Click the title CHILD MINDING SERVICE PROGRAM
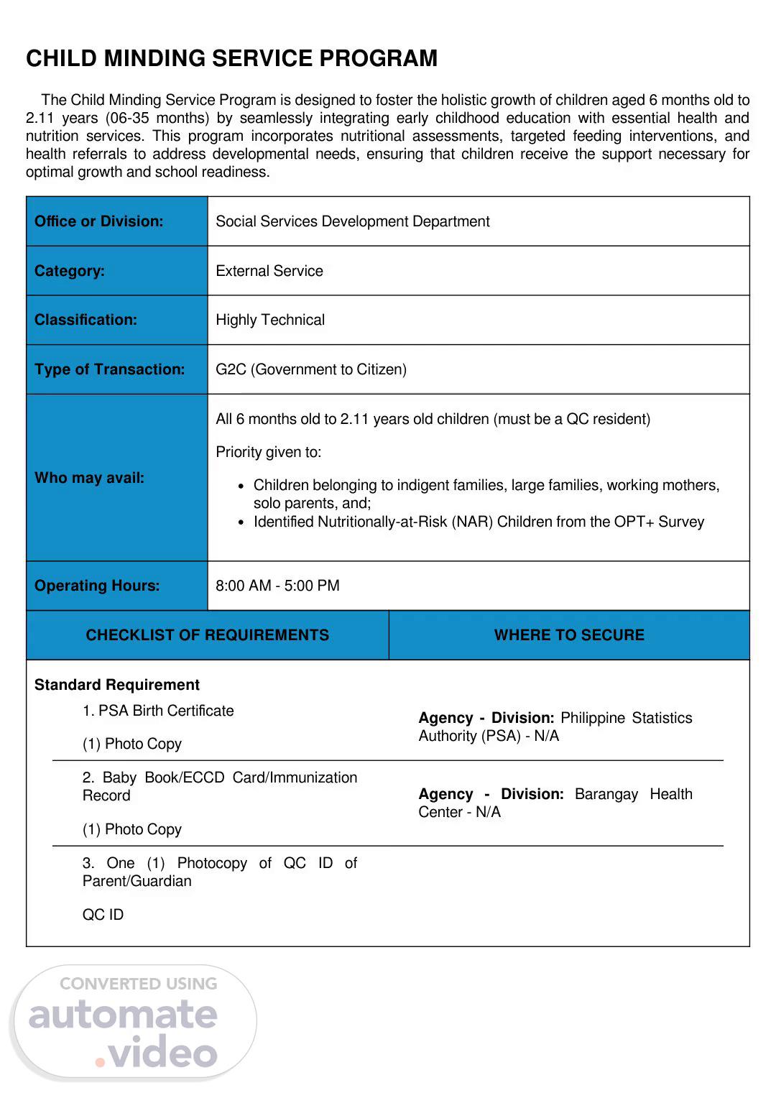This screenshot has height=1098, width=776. (x=231, y=58)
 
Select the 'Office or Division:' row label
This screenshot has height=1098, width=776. (x=99, y=221)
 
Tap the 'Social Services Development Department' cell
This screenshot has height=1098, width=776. (x=352, y=221)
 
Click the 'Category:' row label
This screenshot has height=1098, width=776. (x=70, y=271)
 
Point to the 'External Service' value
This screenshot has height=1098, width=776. (x=269, y=271)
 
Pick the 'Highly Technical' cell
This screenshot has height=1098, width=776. (x=270, y=320)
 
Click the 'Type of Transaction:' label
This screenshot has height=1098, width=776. (x=110, y=369)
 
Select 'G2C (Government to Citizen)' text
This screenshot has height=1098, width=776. (x=311, y=369)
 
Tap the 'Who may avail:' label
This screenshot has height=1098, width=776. (x=89, y=478)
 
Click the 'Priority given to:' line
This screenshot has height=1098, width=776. (x=269, y=452)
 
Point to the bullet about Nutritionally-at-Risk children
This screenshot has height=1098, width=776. (x=479, y=522)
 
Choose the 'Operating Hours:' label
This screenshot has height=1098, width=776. (x=97, y=586)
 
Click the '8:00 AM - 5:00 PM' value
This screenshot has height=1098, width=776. (x=277, y=586)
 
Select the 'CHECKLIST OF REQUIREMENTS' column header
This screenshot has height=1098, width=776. (x=207, y=635)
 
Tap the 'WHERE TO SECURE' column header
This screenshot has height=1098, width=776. (x=569, y=635)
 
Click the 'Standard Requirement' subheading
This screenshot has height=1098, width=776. (x=117, y=685)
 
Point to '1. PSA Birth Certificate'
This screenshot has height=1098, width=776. (x=158, y=711)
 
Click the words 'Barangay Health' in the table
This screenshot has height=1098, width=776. (x=634, y=794)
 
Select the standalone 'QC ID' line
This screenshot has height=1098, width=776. (x=103, y=915)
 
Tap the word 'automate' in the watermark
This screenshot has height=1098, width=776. (x=123, y=1014)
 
